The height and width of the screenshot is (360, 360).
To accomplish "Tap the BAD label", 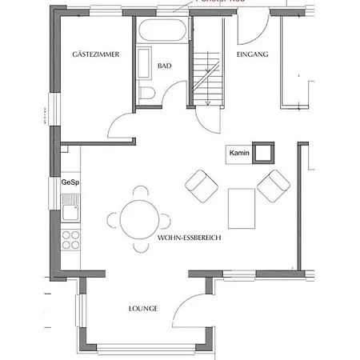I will click(x=165, y=66).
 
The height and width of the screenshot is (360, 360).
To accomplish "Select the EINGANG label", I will click(x=252, y=54).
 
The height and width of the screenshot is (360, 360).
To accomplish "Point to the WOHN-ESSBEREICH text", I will click(x=189, y=238).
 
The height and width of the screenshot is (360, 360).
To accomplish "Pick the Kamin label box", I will click(x=237, y=153).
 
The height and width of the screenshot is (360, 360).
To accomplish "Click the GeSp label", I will click(x=70, y=182).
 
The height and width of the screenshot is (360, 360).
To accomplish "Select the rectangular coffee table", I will click(x=241, y=207).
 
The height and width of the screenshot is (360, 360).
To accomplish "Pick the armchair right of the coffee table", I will click(x=274, y=185).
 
